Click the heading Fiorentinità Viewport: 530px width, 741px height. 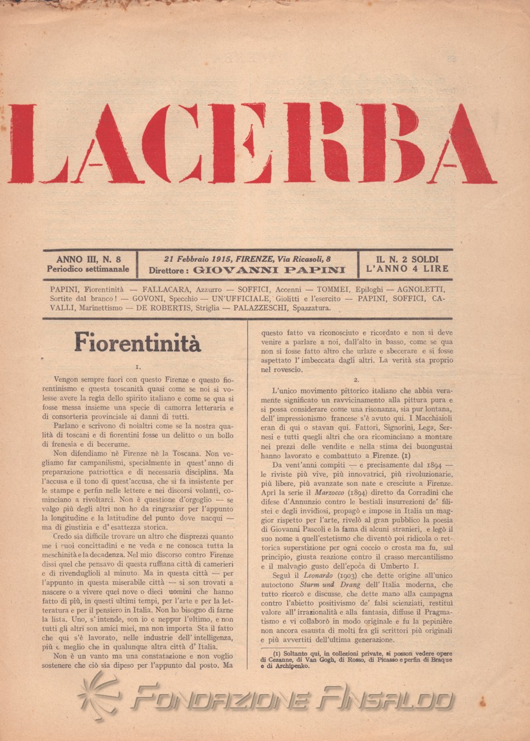(137, 343)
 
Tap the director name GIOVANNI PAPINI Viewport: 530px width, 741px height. (269, 270)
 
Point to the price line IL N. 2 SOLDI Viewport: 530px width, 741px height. (403, 259)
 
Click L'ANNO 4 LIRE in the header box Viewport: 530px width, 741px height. (407, 269)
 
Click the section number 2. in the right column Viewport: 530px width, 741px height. (357, 380)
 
